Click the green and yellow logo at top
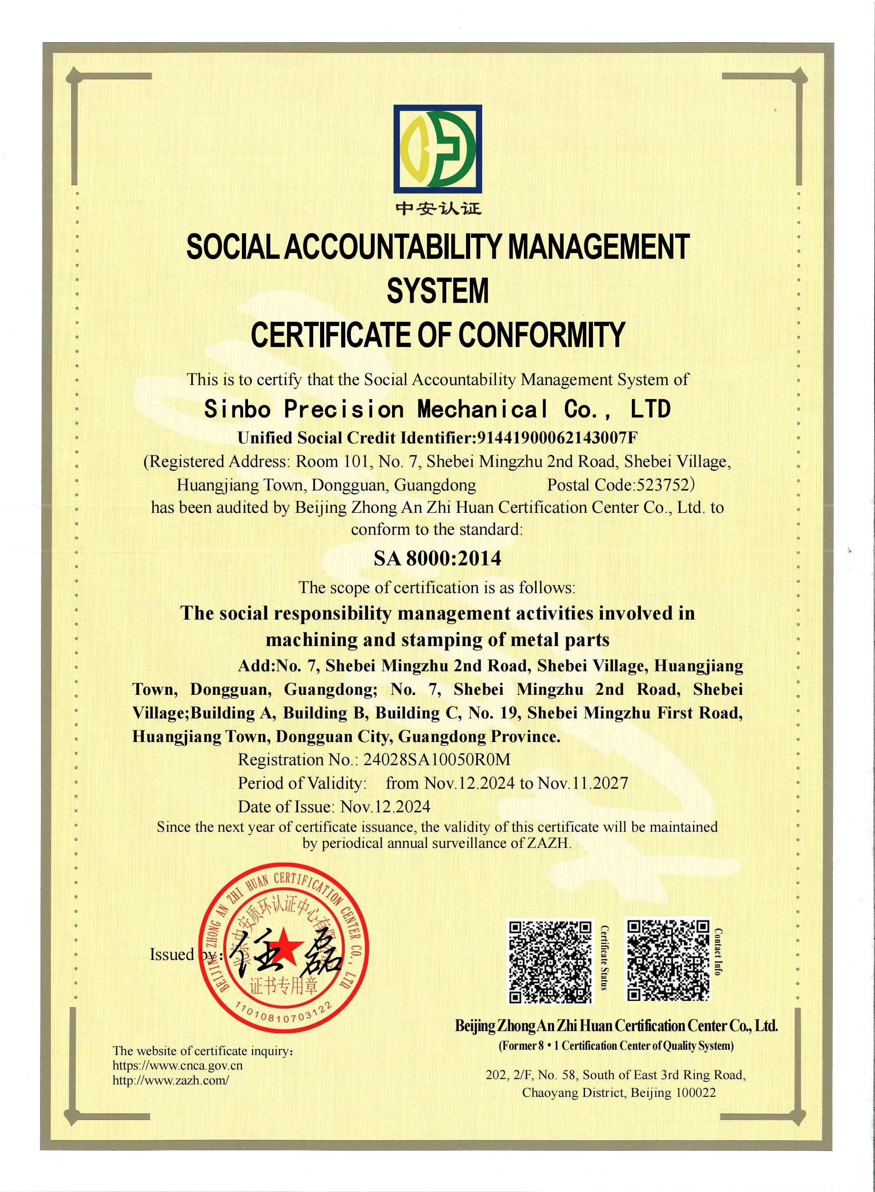(437, 148)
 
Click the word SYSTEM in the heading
(437, 291)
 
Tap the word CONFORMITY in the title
(541, 335)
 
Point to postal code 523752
(663, 485)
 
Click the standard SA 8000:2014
(437, 558)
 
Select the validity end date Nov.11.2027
(583, 783)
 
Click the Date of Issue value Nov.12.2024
(385, 807)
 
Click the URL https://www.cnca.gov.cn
(177, 1065)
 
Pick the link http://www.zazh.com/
(170, 1080)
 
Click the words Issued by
(180, 955)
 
